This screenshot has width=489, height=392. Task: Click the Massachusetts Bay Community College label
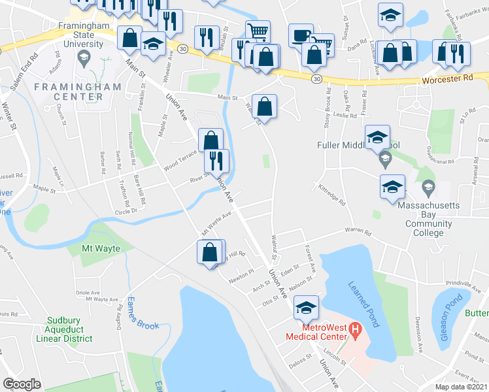pos(428,219)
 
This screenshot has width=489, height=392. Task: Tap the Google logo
pos(22,384)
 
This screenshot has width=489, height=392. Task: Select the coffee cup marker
pos(301,35)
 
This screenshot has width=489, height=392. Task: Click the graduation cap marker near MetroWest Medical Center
pos(306,306)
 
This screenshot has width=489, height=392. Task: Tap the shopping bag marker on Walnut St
pos(264,105)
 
